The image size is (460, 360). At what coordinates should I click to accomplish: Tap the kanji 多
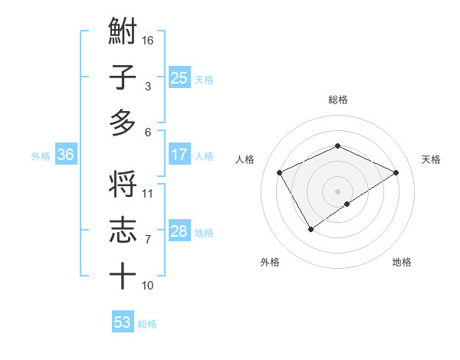123,123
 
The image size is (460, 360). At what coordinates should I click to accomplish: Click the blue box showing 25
179,77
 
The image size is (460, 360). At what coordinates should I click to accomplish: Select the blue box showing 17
179,155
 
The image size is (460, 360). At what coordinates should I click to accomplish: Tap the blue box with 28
179,232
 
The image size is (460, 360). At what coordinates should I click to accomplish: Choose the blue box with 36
66,155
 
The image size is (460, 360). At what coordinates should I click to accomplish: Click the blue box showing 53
123,322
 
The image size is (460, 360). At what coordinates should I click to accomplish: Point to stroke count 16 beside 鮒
149,41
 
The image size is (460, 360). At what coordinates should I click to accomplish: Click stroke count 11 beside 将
148,194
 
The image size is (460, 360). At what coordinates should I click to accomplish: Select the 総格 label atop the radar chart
337,100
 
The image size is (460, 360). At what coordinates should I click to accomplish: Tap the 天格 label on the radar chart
432,159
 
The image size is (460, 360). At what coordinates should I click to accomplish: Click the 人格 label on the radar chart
245,159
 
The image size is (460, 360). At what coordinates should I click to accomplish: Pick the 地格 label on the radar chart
402,262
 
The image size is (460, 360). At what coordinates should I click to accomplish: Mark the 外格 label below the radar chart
270,262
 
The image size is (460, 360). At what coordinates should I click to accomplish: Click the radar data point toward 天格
396,173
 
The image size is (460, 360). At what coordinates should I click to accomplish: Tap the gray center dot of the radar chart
337,190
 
